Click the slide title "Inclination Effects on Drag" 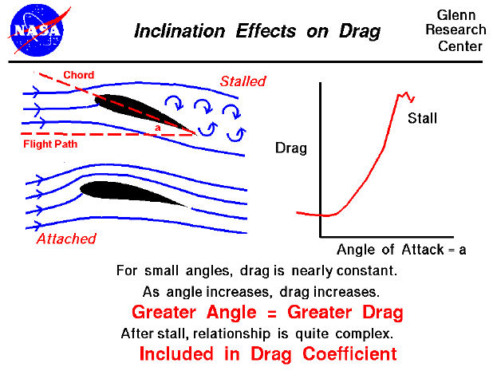pos(257,32)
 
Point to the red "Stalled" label pos(243,81)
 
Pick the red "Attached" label pos(66,239)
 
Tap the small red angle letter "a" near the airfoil pos(158,127)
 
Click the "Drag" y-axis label pos(290,148)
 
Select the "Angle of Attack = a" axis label pos(401,249)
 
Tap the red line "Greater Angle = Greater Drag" pos(267,311)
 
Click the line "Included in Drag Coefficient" pos(267,352)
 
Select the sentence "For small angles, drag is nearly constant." pos(256,270)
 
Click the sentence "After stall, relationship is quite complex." pos(256,331)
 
